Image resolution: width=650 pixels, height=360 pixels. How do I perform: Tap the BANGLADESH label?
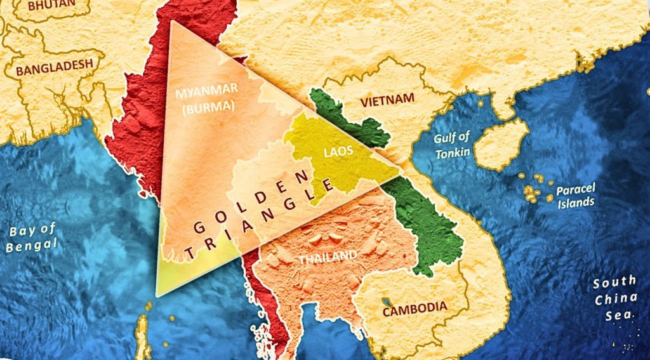tap(59, 68)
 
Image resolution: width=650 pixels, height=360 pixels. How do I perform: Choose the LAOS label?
tap(337, 152)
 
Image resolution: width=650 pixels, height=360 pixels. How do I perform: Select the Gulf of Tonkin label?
tap(453, 145)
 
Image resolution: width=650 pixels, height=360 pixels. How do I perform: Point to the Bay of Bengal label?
tap(32, 237)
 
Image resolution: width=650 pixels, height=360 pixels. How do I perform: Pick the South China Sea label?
tap(614, 298)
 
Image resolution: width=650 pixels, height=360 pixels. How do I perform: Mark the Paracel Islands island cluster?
tap(533, 187)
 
